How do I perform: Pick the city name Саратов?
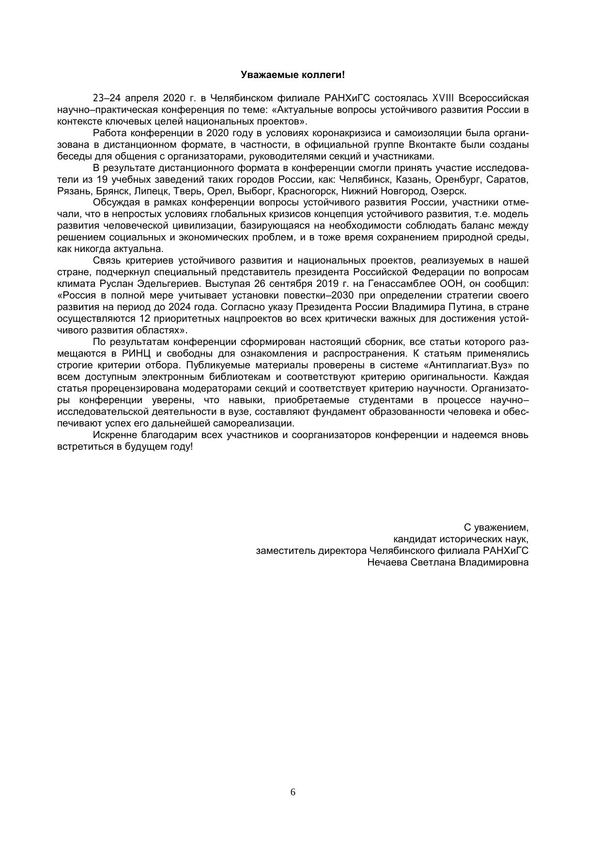click(x=508, y=180)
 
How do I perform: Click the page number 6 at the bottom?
click(x=293, y=792)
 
